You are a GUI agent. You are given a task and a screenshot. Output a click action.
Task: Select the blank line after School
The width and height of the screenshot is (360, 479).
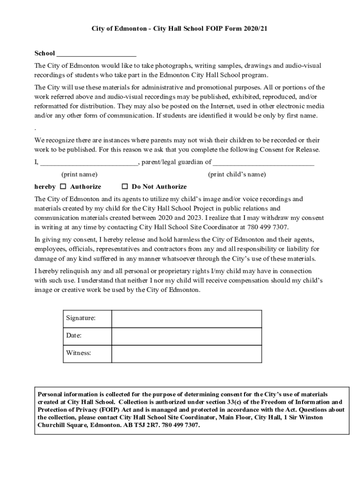point(96,54)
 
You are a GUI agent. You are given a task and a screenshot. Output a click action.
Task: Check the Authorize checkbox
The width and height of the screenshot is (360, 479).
point(63,186)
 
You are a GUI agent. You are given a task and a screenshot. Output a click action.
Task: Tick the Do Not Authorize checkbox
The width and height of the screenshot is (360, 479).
point(125,186)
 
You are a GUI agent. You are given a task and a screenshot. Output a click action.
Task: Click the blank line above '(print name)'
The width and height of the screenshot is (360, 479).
point(88,163)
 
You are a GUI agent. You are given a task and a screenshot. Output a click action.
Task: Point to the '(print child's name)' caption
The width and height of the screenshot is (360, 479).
point(237,174)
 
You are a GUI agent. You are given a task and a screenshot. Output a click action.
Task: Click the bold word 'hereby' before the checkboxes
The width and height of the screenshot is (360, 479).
point(45,186)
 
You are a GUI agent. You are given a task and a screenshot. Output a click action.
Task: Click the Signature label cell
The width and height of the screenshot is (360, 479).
point(81,318)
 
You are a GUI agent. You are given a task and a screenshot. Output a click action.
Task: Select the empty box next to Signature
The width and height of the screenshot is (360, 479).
point(186,319)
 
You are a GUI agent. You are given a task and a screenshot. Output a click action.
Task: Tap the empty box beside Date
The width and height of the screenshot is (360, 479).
point(186,336)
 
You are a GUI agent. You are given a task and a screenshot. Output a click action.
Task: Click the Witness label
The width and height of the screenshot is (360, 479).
point(79,353)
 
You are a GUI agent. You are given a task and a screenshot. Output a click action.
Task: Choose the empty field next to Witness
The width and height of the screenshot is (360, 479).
point(186,353)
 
